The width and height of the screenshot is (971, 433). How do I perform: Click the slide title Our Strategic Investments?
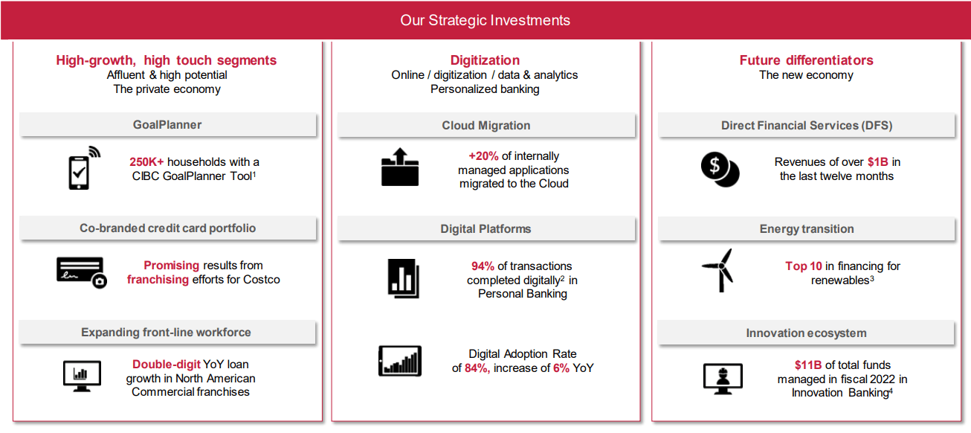[x=485, y=20]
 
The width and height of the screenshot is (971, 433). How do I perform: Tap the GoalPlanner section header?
[x=167, y=124]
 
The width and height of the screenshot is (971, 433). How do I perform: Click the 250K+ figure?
[x=146, y=162]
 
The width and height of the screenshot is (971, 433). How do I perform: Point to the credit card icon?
[x=82, y=272]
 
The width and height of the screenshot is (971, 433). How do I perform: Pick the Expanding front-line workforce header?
[x=166, y=333]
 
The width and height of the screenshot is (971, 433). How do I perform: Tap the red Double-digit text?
[x=166, y=364]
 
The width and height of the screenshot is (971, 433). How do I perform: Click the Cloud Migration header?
[x=486, y=126]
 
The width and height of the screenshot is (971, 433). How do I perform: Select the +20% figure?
[x=483, y=155]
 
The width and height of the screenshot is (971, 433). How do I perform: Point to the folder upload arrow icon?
[x=400, y=167]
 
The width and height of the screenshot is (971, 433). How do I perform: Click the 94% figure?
[x=483, y=266]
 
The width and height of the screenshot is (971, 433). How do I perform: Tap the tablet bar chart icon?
[x=400, y=361]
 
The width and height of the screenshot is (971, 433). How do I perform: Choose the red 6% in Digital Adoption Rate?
[x=561, y=368]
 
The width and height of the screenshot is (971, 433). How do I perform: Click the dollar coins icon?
[x=720, y=169]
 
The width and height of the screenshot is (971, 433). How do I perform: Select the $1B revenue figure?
[x=878, y=162]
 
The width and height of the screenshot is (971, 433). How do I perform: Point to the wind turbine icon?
[x=719, y=270]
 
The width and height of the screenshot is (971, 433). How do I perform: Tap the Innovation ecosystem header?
[x=806, y=333]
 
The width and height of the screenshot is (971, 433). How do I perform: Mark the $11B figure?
[x=808, y=365]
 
